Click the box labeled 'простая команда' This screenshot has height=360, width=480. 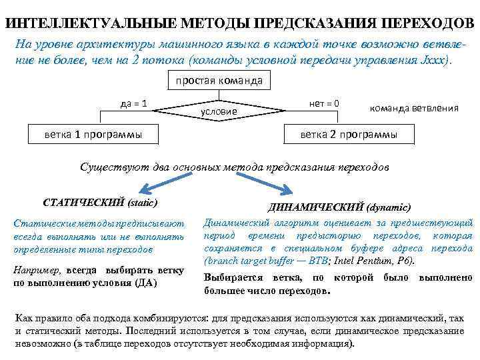click(x=219, y=81)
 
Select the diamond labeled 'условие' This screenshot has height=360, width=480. click(x=220, y=109)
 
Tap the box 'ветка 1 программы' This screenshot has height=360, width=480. click(x=93, y=134)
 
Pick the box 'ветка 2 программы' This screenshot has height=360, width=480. click(x=348, y=134)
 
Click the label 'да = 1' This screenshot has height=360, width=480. click(x=133, y=103)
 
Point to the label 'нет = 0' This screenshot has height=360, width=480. click(x=324, y=103)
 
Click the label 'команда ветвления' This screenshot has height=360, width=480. click(x=413, y=107)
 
